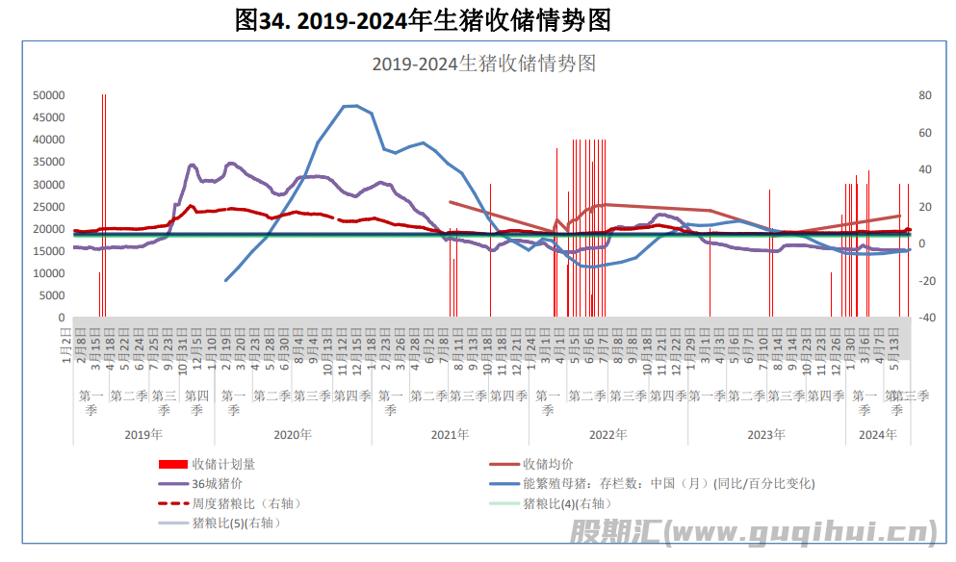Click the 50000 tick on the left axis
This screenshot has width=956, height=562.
pos(48,95)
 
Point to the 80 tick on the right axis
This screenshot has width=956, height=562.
pos(924,95)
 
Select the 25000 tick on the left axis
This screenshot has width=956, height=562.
pos(48,207)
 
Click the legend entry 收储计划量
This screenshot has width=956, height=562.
pos(223,464)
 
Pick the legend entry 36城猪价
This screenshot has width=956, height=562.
pos(217,483)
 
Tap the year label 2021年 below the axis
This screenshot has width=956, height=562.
pos(450,435)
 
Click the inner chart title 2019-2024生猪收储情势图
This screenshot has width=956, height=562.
pos(484,64)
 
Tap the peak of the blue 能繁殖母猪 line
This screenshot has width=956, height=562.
pos(351,105)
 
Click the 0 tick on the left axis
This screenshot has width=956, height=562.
pos(61,318)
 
